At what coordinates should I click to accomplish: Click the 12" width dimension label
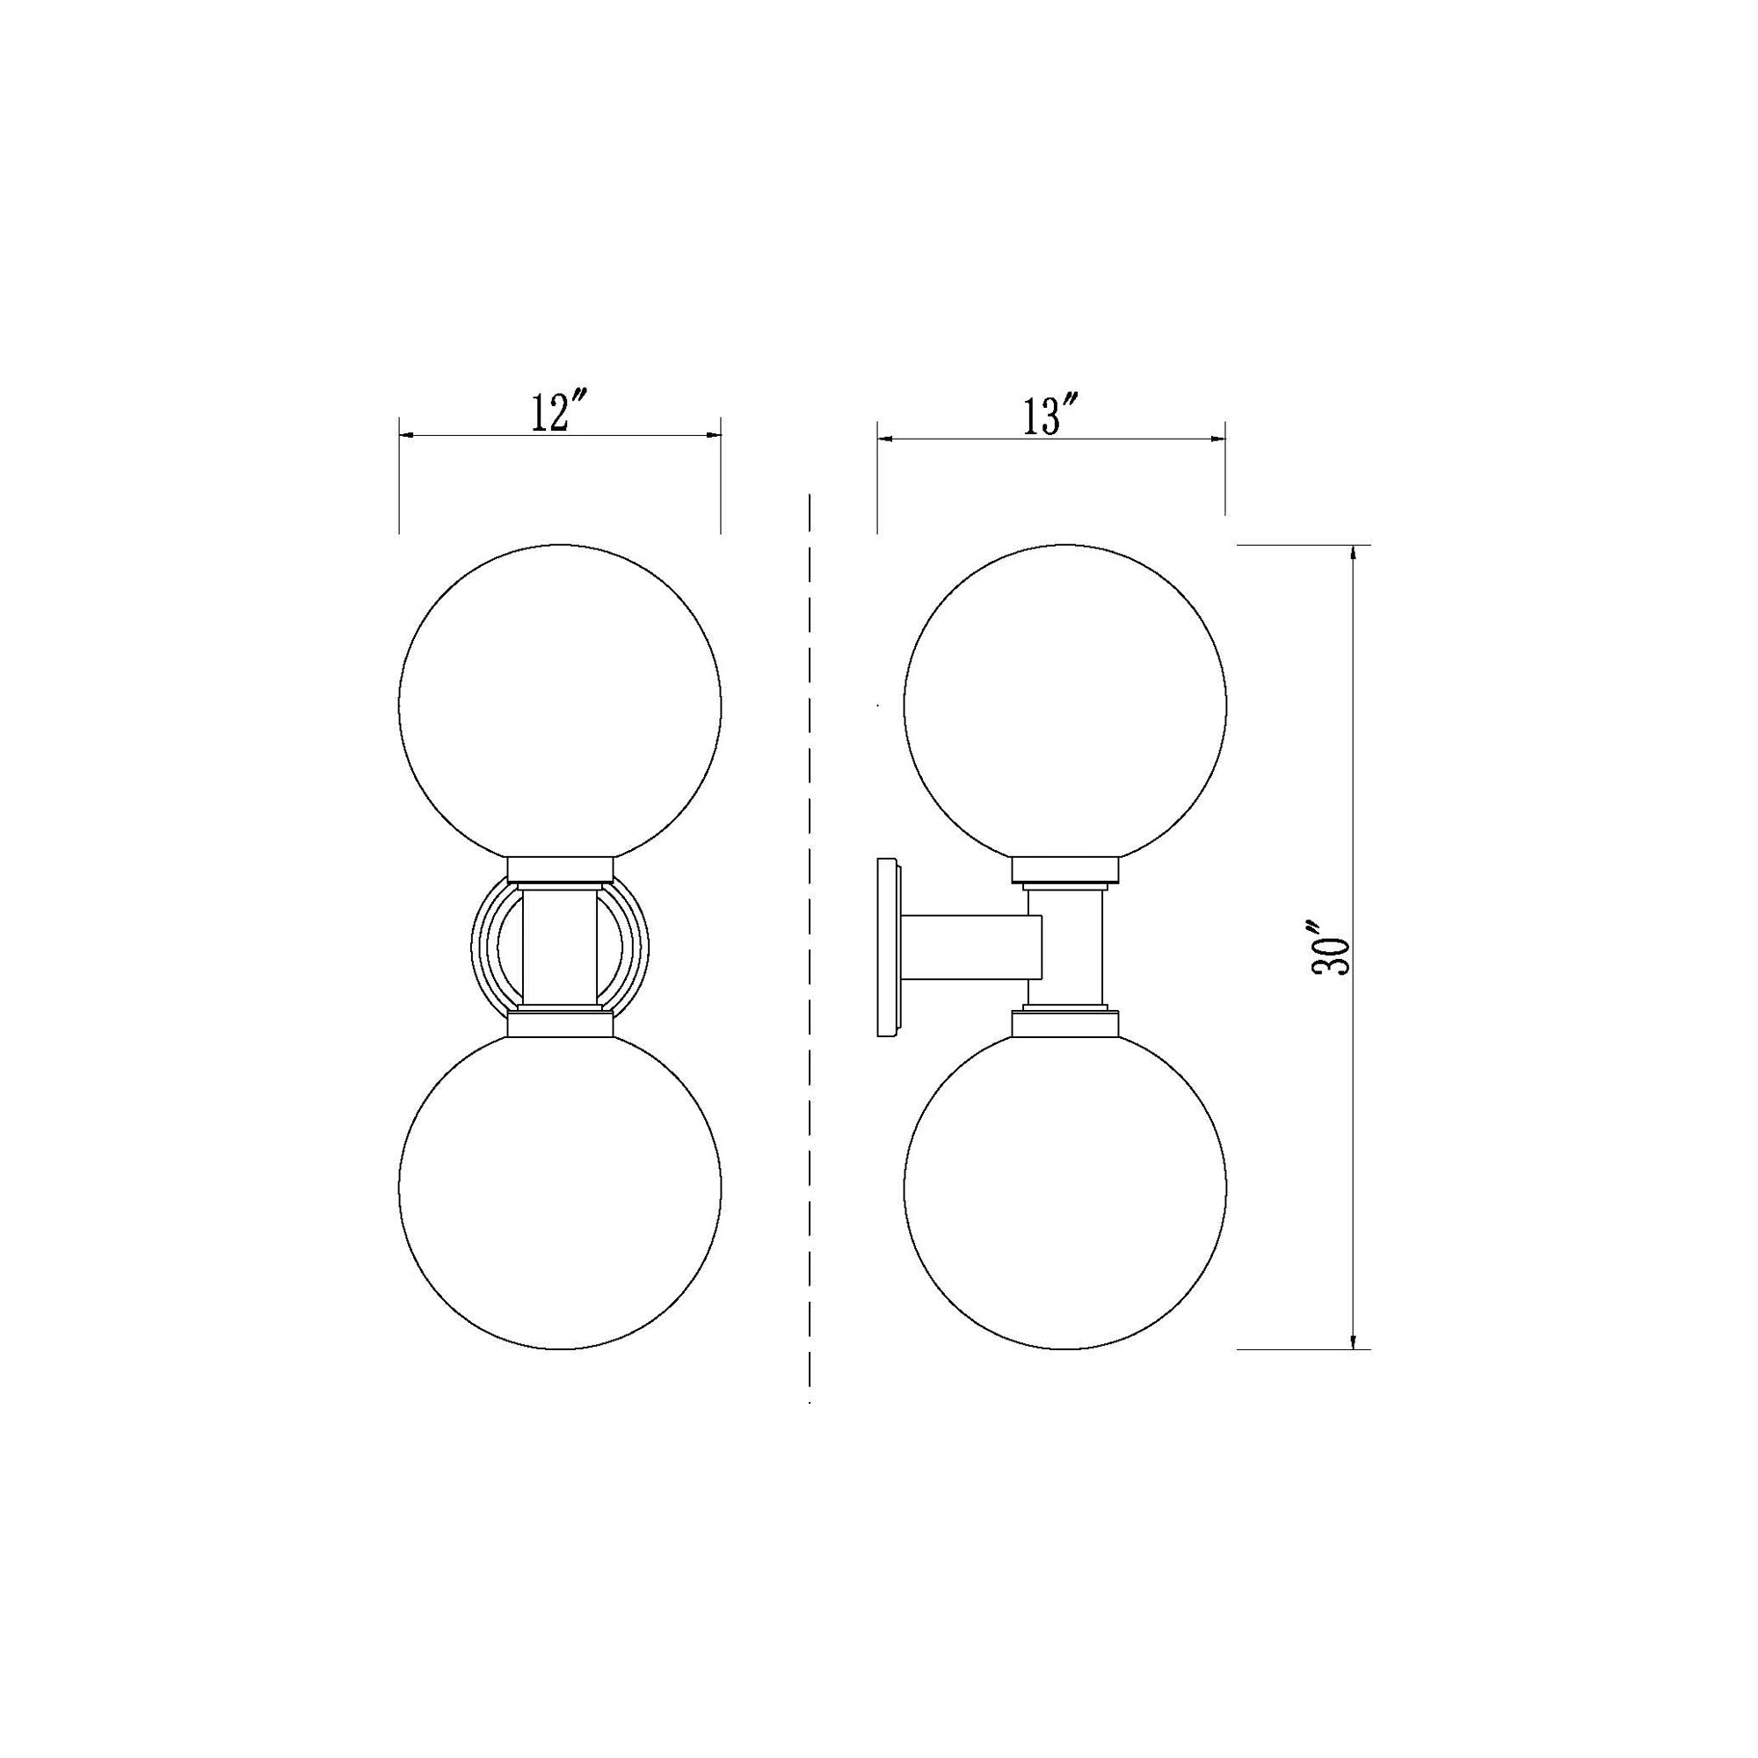pyautogui.click(x=558, y=414)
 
